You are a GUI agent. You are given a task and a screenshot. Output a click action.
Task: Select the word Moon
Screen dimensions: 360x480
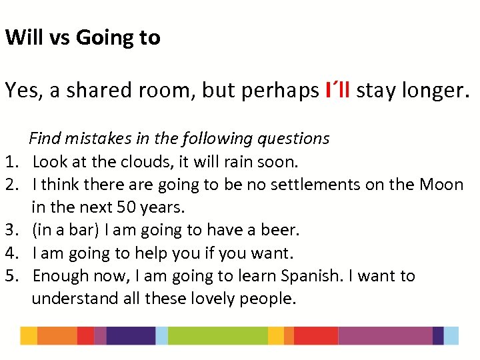coord(441,185)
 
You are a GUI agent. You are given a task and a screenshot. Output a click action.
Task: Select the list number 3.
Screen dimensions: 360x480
coord(10,230)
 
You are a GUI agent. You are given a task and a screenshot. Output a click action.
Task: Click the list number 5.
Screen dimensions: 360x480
coord(10,276)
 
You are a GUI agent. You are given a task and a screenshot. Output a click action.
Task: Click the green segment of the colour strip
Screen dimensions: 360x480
coord(217,335)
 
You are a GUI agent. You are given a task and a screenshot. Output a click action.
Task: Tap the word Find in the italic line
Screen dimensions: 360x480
coord(45,139)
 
